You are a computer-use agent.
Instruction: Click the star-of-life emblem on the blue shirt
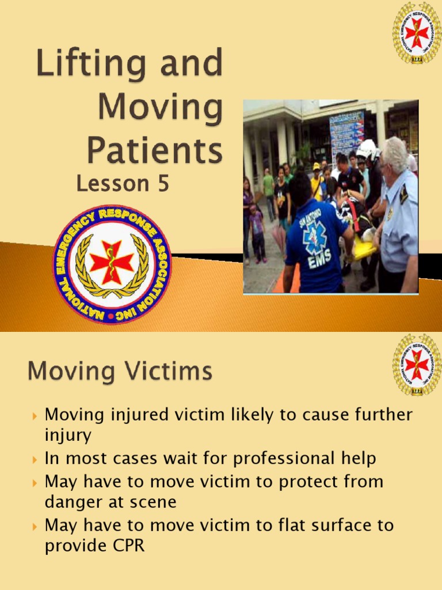pyautogui.click(x=315, y=237)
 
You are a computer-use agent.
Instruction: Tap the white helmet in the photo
pyautogui.click(x=367, y=149)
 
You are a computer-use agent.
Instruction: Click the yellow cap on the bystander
pyautogui.click(x=316, y=166)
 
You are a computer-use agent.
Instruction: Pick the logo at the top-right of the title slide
pyautogui.click(x=417, y=32)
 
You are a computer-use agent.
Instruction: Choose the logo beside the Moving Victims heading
pyautogui.click(x=417, y=364)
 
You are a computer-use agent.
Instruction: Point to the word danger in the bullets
pyautogui.click(x=74, y=502)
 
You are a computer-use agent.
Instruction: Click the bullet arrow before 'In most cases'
pyautogui.click(x=35, y=460)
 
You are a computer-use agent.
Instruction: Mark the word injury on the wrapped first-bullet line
pyautogui.click(x=68, y=436)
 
